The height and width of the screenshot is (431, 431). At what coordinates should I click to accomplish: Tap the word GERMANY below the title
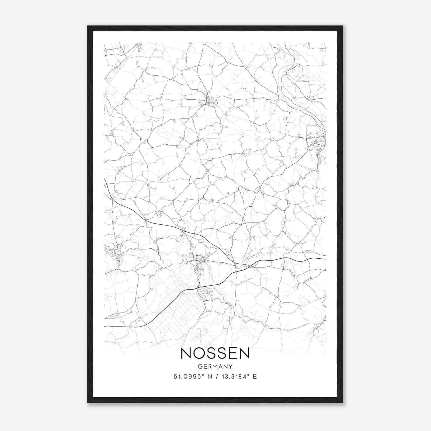point(215,366)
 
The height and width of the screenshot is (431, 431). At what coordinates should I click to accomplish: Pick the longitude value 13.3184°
point(233,376)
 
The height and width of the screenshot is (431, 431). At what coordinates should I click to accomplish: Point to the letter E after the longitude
point(255,376)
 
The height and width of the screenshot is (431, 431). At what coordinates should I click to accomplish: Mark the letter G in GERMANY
point(200,366)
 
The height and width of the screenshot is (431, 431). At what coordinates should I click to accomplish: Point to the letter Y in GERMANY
point(231,366)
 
